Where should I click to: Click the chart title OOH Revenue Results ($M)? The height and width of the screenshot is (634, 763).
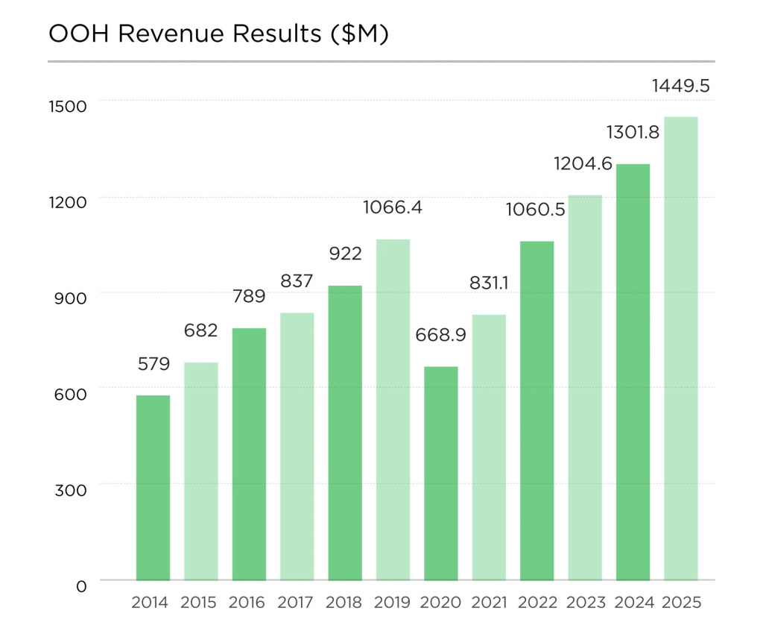click(218, 34)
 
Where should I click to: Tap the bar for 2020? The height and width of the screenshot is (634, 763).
click(441, 473)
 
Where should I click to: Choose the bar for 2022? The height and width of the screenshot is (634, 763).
click(537, 410)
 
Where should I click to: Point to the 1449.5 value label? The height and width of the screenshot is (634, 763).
click(681, 87)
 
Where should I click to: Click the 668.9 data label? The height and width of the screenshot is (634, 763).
click(441, 336)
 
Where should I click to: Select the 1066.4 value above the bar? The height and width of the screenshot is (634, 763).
click(393, 207)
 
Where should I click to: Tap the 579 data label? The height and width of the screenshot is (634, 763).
click(154, 365)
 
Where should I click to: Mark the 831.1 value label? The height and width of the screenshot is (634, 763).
click(490, 283)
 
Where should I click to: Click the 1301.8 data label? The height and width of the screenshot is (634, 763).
click(633, 133)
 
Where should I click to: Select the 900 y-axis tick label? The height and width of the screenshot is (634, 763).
click(71, 298)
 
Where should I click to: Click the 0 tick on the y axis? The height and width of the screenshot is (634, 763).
click(81, 586)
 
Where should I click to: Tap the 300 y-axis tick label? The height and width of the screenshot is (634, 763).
click(71, 490)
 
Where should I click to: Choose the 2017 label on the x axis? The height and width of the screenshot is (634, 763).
click(297, 603)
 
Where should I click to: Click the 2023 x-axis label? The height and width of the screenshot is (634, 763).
click(586, 603)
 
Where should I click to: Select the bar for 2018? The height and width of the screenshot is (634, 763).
click(345, 433)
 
